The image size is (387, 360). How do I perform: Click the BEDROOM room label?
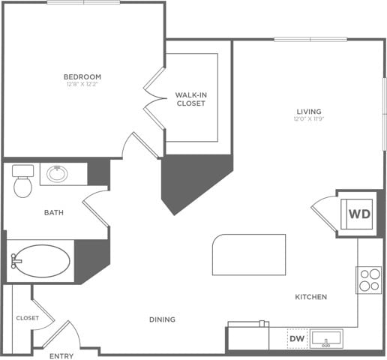82,76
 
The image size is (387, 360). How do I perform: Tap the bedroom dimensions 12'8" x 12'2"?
82,85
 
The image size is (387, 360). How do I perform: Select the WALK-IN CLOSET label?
190,99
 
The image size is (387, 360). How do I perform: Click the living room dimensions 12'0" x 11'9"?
308,119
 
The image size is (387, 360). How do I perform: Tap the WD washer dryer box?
358,214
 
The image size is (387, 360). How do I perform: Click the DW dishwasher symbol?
296,339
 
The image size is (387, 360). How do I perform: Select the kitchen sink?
326,339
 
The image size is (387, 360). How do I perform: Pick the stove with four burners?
369,280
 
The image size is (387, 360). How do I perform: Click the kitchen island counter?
249,255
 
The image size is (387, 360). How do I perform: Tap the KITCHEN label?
310,298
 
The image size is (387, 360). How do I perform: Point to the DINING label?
162,319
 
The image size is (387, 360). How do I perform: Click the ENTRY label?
61,355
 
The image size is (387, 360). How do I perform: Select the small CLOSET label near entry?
27,318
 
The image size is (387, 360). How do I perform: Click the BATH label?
53,212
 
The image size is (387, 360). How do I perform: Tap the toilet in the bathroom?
23,181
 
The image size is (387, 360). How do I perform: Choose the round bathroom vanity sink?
57,174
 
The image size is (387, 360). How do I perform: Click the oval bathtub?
41,261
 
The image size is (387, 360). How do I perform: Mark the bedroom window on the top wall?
83,2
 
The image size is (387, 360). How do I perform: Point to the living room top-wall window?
310,39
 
